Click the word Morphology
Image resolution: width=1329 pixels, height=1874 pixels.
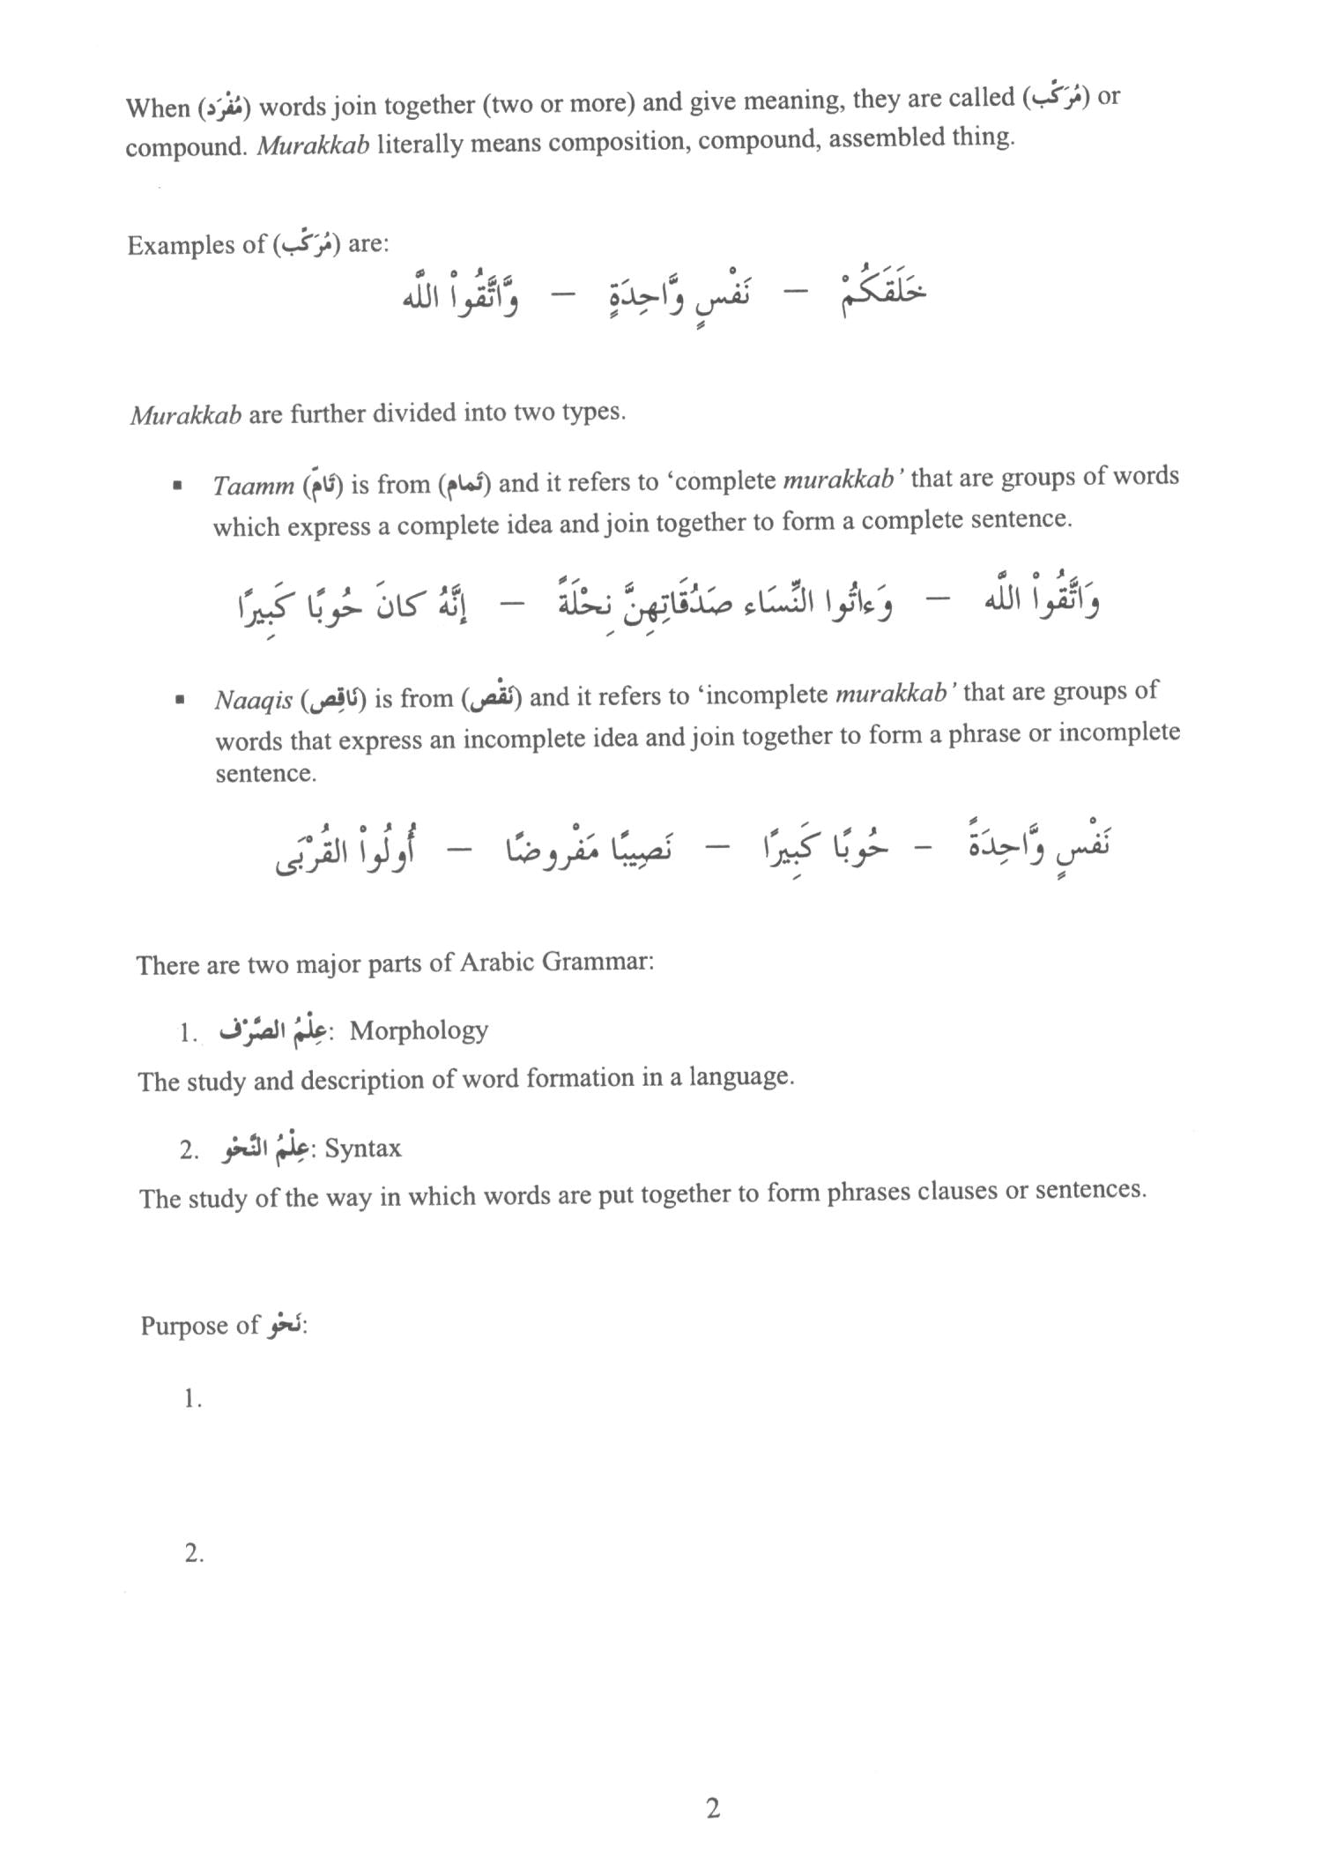pyautogui.click(x=419, y=1030)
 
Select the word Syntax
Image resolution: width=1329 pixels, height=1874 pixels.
pyautogui.click(x=363, y=1148)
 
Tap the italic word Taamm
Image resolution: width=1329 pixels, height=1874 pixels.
pyautogui.click(x=253, y=486)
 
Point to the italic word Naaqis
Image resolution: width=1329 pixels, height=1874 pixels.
pyautogui.click(x=253, y=701)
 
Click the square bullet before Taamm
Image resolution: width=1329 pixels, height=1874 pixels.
pyautogui.click(x=179, y=486)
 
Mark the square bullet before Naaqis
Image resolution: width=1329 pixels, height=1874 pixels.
pyautogui.click(x=180, y=701)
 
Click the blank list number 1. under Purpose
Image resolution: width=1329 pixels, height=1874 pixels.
pyautogui.click(x=193, y=1399)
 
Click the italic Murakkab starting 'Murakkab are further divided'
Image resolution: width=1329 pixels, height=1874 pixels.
pyautogui.click(x=186, y=415)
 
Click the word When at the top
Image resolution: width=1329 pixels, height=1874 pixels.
pyautogui.click(x=158, y=108)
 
